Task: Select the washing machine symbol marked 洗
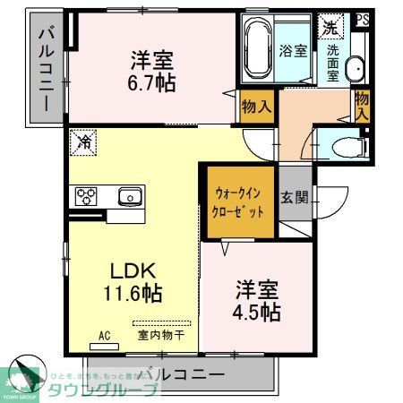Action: click(x=332, y=28)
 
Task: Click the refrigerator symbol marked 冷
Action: click(x=84, y=141)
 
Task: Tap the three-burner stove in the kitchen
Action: click(x=88, y=194)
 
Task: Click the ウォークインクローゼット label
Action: click(x=240, y=201)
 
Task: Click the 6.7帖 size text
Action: click(x=150, y=83)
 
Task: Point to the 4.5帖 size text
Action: click(x=258, y=312)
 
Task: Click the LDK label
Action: click(x=134, y=270)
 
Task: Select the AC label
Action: click(x=104, y=336)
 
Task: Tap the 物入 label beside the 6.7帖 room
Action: click(x=256, y=107)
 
